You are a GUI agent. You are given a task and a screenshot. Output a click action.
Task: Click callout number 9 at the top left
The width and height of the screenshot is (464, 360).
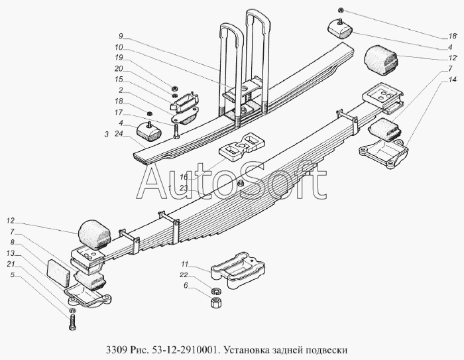(121, 36)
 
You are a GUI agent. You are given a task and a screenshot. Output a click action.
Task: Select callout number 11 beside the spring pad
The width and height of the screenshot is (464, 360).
(185, 264)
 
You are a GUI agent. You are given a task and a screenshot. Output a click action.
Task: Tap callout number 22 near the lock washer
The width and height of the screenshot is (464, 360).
(184, 274)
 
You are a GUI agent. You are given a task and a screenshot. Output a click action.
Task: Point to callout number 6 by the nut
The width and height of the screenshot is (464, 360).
(186, 285)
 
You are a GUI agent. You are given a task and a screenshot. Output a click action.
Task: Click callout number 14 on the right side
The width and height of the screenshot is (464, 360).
(453, 80)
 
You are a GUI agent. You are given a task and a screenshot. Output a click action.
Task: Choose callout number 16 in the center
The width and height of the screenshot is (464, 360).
(184, 177)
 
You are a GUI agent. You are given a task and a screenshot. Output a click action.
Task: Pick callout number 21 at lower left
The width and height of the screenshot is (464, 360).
(11, 264)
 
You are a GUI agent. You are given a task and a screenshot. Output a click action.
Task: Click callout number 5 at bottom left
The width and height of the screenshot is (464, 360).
(12, 274)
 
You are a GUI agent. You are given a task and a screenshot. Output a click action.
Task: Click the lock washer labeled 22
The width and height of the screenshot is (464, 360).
(216, 291)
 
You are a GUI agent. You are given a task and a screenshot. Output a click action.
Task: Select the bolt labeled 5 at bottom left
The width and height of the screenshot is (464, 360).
(72, 322)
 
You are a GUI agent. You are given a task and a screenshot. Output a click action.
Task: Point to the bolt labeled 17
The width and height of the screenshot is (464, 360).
(176, 131)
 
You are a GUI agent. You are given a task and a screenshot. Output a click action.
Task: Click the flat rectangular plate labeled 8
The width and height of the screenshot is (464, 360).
(58, 273)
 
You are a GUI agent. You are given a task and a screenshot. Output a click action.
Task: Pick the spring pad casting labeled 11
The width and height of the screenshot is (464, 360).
(237, 269)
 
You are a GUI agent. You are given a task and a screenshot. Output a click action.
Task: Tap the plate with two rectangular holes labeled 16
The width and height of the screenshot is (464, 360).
(241, 147)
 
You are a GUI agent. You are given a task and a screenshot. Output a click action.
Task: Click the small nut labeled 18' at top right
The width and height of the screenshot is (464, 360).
(341, 11)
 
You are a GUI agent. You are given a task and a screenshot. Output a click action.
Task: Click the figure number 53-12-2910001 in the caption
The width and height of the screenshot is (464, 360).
(185, 350)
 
